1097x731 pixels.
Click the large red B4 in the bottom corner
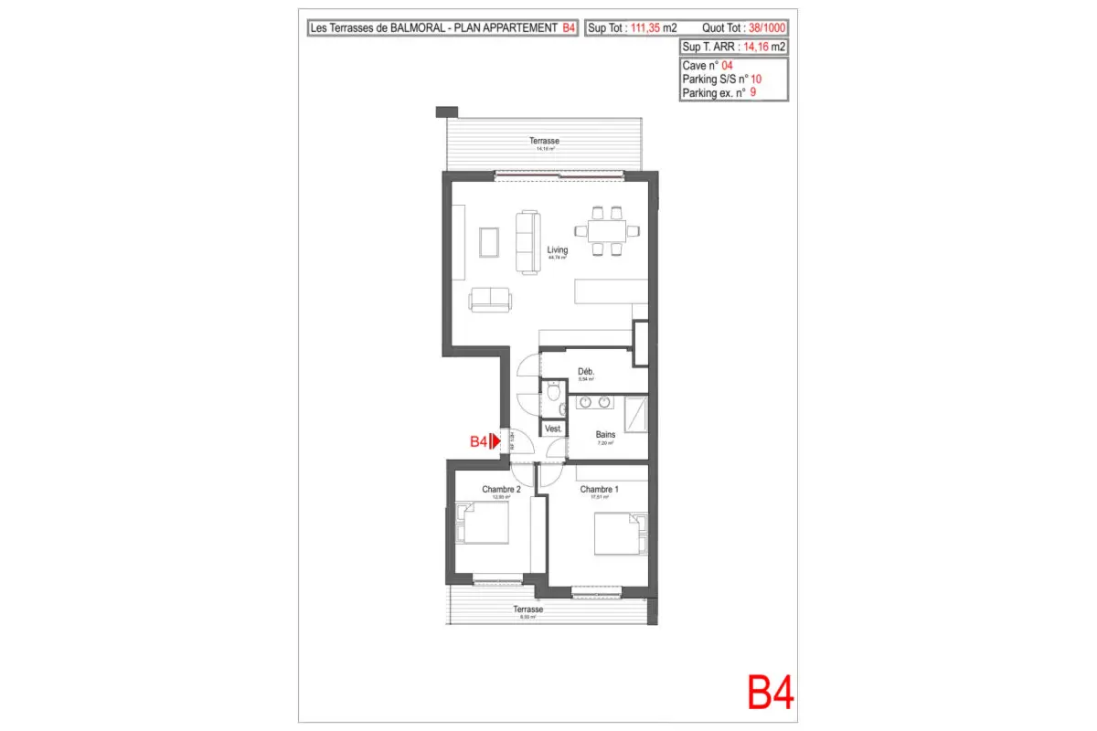point(771,693)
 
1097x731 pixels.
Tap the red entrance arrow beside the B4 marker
point(495,441)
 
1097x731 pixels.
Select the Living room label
point(557,249)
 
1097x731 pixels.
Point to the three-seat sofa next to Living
point(527,242)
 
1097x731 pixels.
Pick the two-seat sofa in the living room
point(491,298)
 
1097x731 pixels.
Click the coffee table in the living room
point(489,241)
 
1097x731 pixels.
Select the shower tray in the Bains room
point(637,415)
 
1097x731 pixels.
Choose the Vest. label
point(553,429)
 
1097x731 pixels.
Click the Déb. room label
point(586,371)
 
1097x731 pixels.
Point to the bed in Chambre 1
point(620,534)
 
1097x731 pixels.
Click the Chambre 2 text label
point(501,490)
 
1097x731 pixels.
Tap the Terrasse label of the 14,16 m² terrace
point(544,141)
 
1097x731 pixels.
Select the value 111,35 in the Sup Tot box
point(645,28)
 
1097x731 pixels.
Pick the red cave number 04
point(728,67)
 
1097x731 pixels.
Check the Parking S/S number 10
point(756,79)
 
